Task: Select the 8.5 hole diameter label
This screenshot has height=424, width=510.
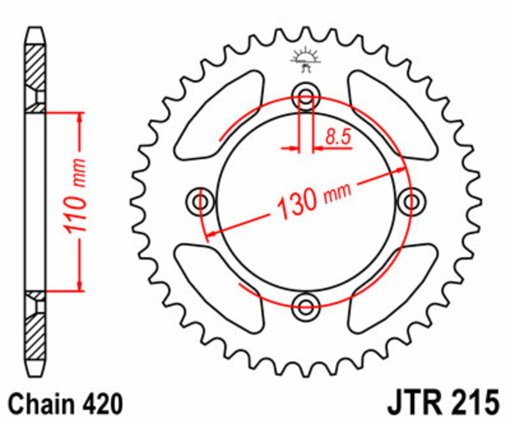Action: click(x=339, y=136)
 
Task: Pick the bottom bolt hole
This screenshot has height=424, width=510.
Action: click(x=305, y=302)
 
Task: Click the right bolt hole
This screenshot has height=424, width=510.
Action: click(x=410, y=202)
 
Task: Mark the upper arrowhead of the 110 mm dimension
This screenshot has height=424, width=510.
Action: click(x=80, y=118)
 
